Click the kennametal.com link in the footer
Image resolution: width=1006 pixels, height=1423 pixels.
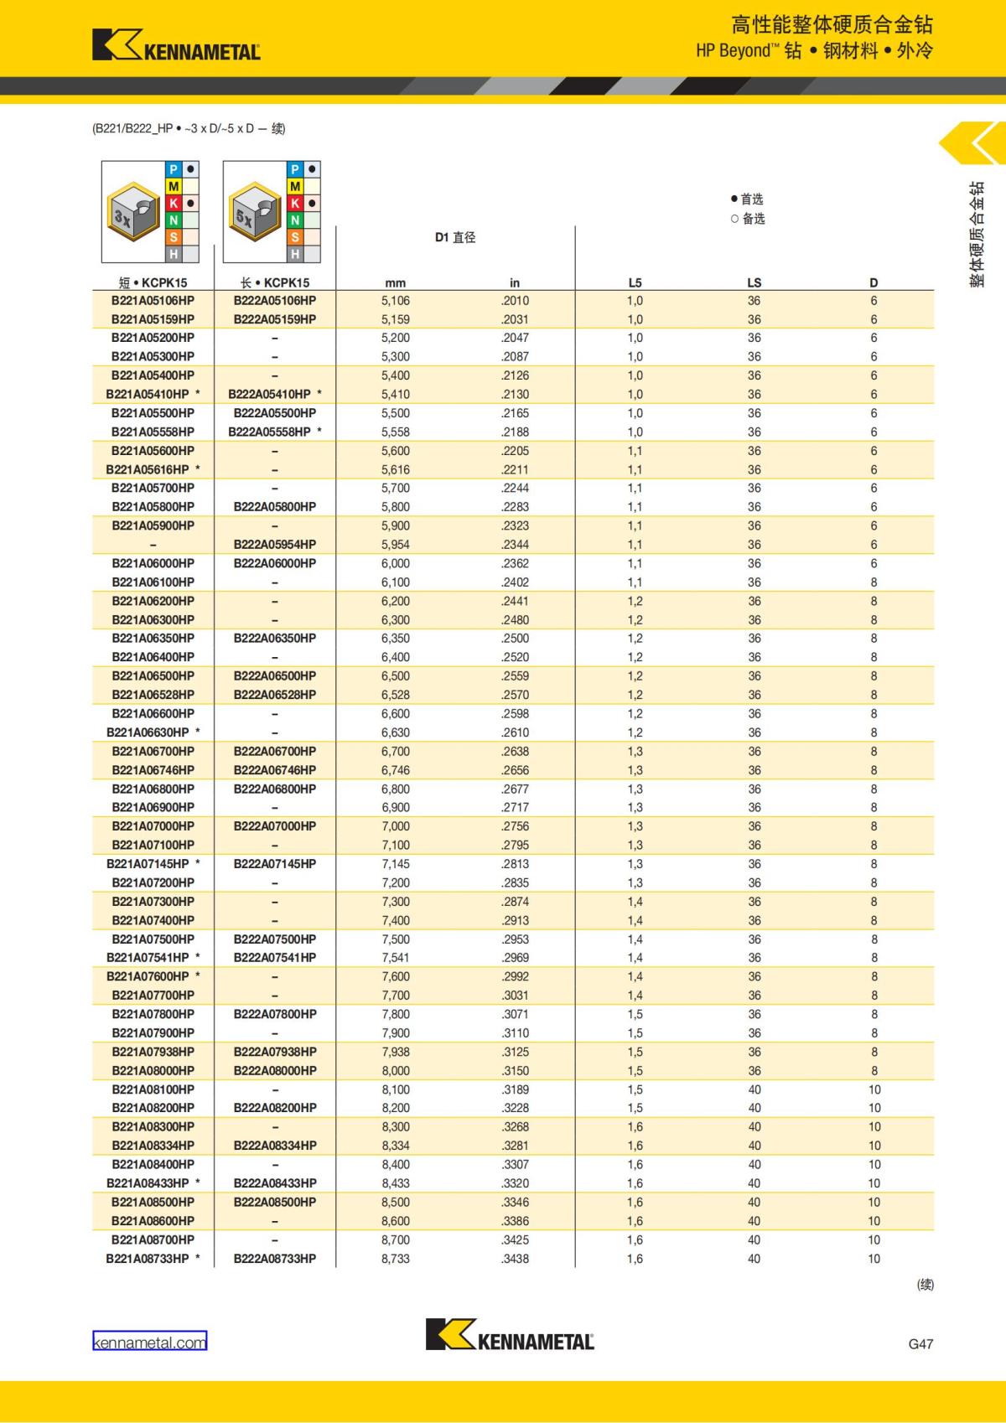149,1342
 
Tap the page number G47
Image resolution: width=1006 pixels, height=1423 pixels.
920,1343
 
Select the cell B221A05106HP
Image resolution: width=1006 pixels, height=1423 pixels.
153,301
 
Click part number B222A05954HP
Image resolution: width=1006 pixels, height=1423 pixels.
274,545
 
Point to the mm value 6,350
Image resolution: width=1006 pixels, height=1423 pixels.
396,639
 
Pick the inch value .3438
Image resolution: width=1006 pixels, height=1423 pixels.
515,1259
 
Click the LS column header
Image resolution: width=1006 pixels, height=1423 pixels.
754,282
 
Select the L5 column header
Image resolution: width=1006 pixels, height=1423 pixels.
635,282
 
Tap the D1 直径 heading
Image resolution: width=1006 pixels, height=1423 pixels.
454,238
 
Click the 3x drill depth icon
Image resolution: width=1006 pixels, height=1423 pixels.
133,212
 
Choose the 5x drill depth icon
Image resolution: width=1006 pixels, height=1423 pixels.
255,212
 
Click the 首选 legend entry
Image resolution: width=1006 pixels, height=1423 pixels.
747,199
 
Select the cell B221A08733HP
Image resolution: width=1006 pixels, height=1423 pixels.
148,1259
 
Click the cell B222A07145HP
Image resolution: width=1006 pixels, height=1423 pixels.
274,864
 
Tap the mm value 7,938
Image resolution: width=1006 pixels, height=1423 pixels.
396,1052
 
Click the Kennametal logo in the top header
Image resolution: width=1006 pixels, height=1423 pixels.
176,46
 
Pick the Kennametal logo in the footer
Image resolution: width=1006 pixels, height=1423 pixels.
510,1335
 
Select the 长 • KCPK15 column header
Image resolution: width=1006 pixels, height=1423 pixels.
274,282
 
